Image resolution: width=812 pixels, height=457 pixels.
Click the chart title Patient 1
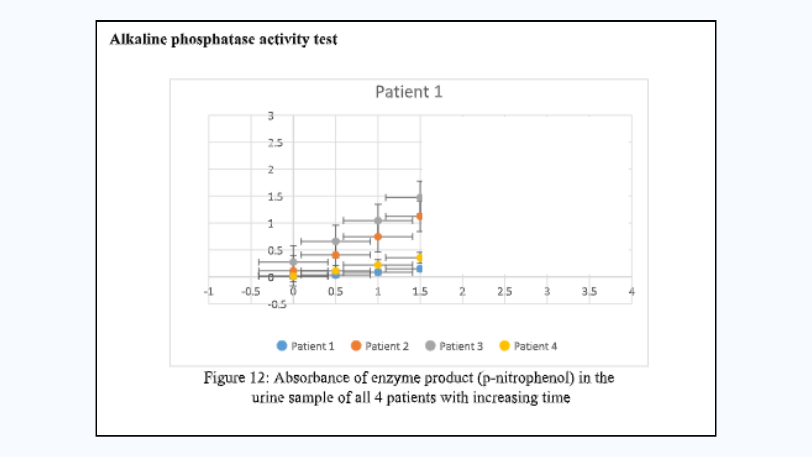click(x=409, y=92)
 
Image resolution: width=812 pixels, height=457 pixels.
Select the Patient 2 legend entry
click(x=380, y=346)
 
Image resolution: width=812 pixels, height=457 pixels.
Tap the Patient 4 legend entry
click(x=528, y=346)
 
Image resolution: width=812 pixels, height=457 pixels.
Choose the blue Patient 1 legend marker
click(x=282, y=346)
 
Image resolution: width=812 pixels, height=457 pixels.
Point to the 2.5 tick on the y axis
click(x=275, y=143)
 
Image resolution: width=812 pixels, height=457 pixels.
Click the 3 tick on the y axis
click(x=271, y=116)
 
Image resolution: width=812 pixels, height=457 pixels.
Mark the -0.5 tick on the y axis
click(x=277, y=304)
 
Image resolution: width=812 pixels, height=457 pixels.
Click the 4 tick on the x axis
click(x=631, y=292)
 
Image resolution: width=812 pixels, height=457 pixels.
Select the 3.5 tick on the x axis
click(x=589, y=292)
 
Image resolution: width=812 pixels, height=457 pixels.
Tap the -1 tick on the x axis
click(x=208, y=292)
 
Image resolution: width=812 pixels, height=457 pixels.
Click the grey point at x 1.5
click(x=420, y=198)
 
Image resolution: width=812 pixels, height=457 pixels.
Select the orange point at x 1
click(x=378, y=237)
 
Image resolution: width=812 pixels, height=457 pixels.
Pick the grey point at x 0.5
click(x=335, y=242)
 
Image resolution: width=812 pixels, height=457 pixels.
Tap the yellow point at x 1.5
click(x=420, y=257)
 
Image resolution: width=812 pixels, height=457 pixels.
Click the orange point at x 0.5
click(x=335, y=255)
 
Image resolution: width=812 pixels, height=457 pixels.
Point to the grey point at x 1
click(x=378, y=220)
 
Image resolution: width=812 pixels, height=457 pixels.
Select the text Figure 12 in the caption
click(x=235, y=377)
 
